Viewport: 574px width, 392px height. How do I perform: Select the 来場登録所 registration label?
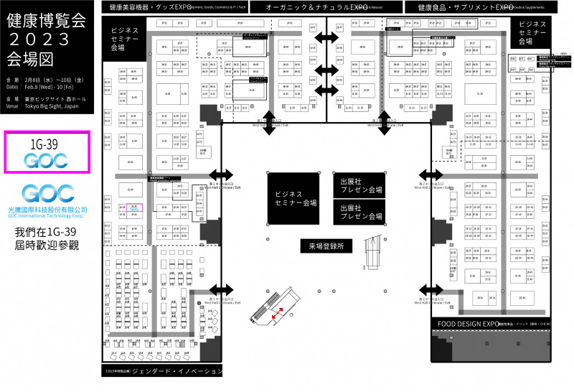[326, 246]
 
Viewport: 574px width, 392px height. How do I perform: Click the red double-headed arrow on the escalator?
[276, 311]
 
